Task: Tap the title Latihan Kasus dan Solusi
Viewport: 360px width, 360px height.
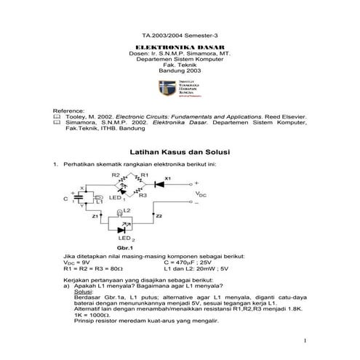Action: click(180, 153)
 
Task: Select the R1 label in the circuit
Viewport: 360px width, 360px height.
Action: click(144, 175)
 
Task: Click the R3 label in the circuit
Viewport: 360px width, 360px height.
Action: click(143, 196)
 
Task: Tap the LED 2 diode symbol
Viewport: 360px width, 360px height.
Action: click(121, 229)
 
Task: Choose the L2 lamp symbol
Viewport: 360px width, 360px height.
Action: click(116, 215)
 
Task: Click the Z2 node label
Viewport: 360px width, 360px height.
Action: click(159, 216)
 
